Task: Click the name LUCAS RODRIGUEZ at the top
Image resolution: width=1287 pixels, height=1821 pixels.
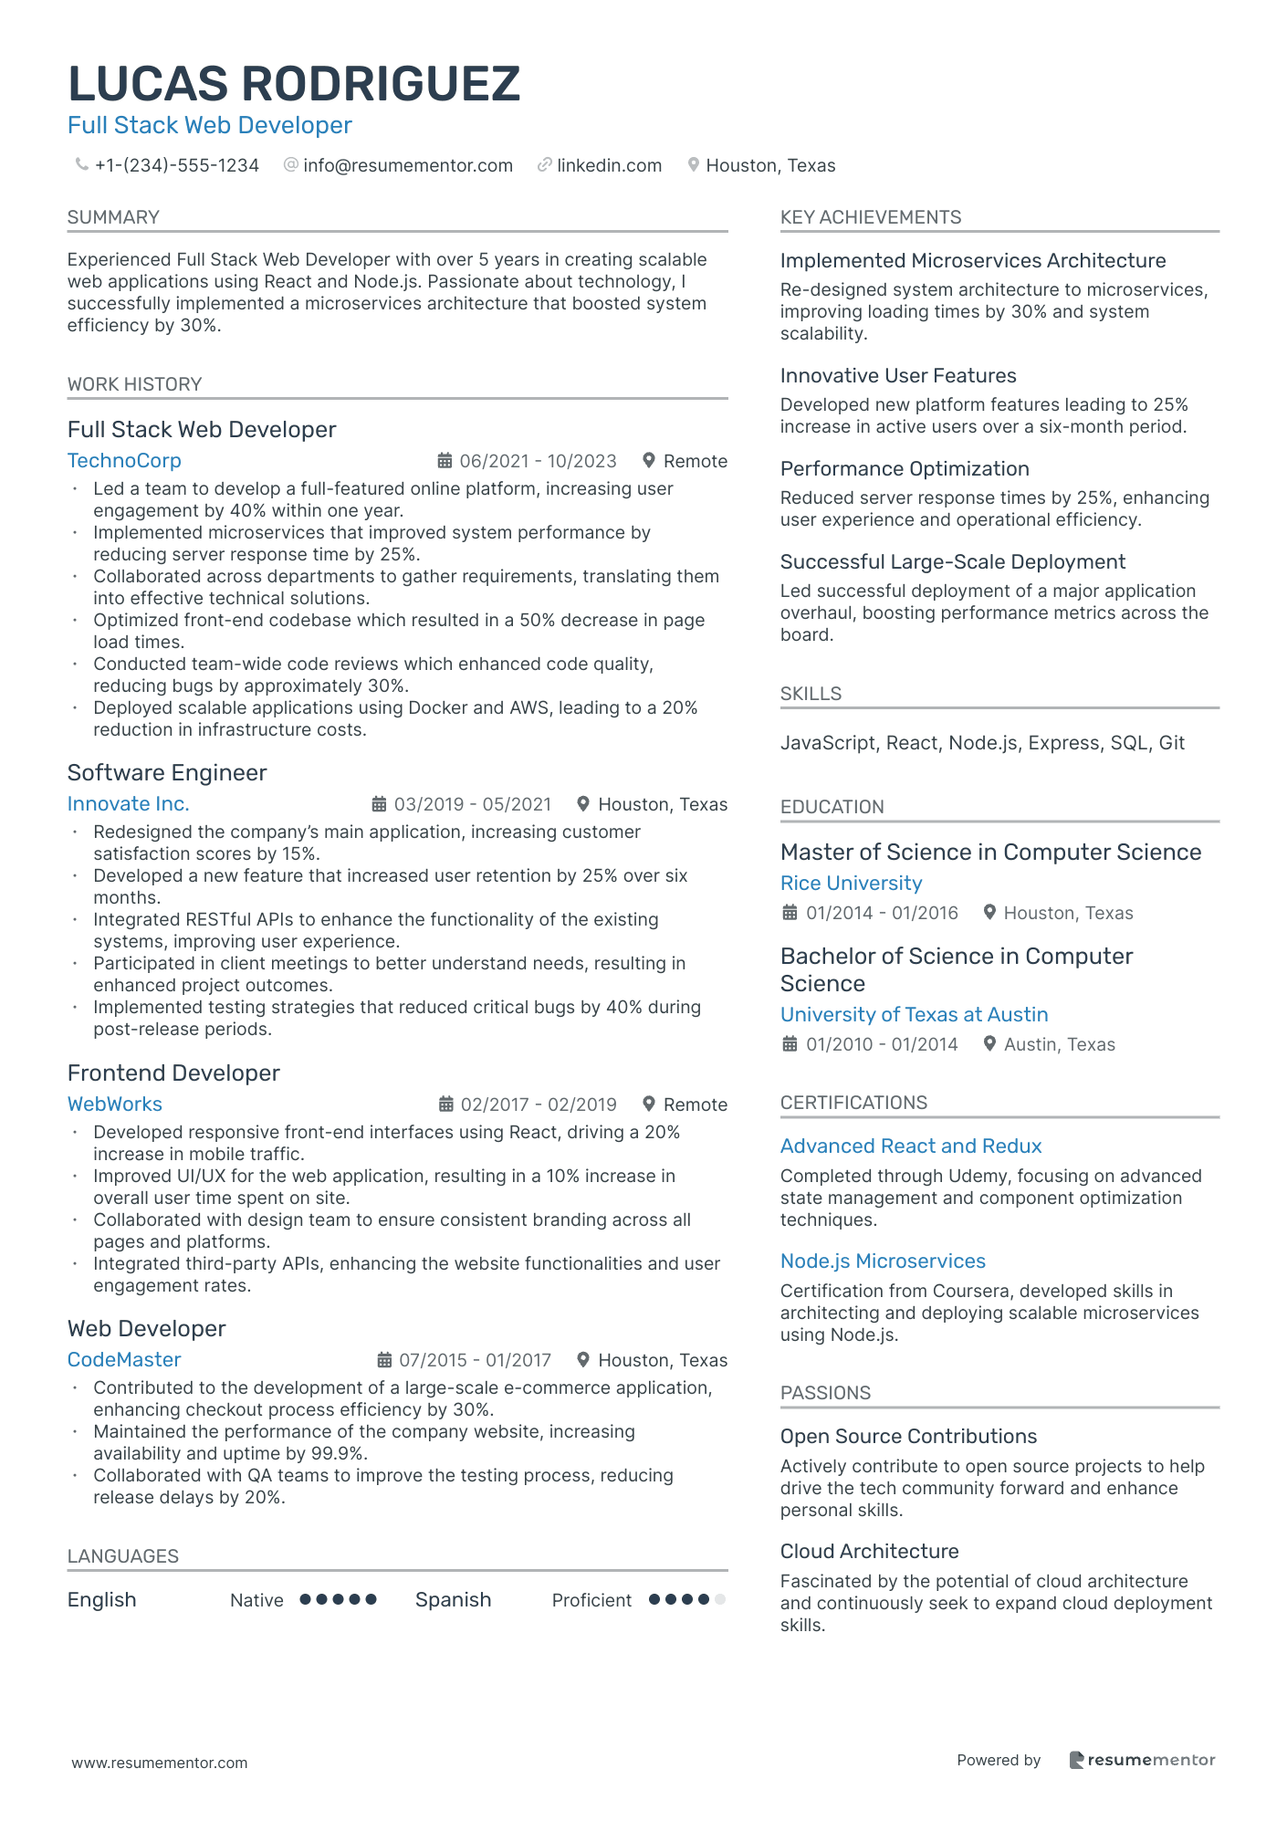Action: click(294, 84)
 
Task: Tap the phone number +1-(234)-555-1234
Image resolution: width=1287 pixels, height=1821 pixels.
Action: click(177, 165)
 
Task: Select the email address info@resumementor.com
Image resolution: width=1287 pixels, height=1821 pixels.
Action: click(407, 165)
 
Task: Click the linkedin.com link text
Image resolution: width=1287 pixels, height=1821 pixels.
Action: click(609, 165)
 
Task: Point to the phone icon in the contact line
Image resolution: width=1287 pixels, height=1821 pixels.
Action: click(81, 164)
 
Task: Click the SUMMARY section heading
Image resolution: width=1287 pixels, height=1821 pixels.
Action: click(113, 217)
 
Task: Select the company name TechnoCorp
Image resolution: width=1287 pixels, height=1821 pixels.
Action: click(124, 461)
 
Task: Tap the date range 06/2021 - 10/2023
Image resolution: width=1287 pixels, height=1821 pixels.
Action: click(538, 461)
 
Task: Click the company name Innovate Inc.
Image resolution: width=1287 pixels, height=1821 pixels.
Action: click(128, 804)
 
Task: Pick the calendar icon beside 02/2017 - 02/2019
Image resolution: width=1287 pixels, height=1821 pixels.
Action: click(445, 1104)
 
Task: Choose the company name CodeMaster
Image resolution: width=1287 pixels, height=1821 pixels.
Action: click(124, 1360)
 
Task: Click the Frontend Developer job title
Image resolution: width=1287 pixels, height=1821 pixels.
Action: click(173, 1073)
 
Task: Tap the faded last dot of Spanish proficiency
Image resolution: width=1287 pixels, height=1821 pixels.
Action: click(720, 1599)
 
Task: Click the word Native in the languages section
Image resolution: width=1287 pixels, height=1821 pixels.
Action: click(256, 1600)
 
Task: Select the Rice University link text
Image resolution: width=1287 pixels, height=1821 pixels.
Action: click(851, 884)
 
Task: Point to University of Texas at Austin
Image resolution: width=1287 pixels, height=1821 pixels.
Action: click(914, 1015)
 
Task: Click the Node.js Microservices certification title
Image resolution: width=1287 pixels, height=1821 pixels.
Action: click(883, 1261)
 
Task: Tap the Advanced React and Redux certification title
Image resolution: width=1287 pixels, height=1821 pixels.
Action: click(911, 1146)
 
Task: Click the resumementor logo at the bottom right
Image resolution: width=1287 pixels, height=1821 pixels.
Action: click(1142, 1760)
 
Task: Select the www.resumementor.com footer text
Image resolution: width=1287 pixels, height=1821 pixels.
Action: click(160, 1763)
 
